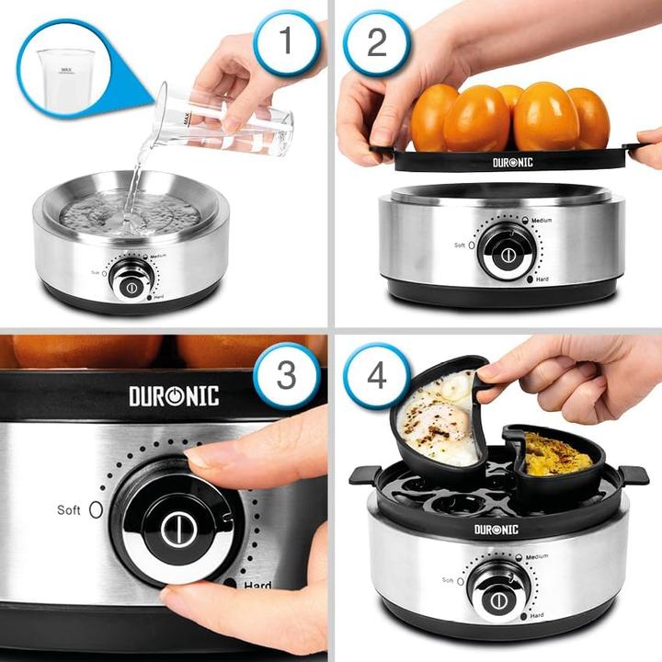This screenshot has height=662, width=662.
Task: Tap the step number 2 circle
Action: [x=376, y=42]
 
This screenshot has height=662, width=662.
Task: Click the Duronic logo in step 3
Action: [x=174, y=396]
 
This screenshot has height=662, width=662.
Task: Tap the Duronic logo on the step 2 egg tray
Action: [x=513, y=162]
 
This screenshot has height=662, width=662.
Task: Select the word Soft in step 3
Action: [x=69, y=509]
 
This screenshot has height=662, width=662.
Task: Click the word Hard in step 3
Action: [x=257, y=586]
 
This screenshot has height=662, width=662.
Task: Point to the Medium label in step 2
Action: [x=538, y=222]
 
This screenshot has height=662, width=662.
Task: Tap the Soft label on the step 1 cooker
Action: [x=95, y=272]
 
